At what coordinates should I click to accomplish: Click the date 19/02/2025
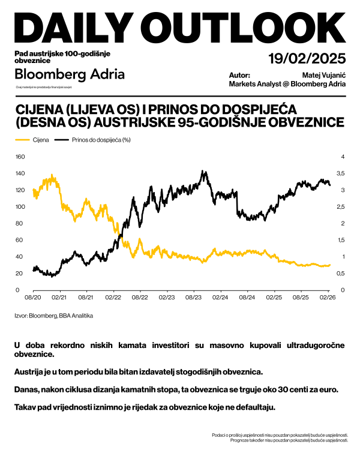pos(307,59)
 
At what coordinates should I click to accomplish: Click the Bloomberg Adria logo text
pos(69,74)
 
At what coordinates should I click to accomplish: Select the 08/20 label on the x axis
pos(33,297)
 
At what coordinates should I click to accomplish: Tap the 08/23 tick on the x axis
pos(193,297)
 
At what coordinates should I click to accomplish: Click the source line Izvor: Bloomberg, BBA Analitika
pos(54,315)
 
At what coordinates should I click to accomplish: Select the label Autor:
pos(239,76)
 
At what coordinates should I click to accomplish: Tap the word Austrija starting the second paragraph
pos(30,372)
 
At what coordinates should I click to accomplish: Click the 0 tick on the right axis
pos(326,290)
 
